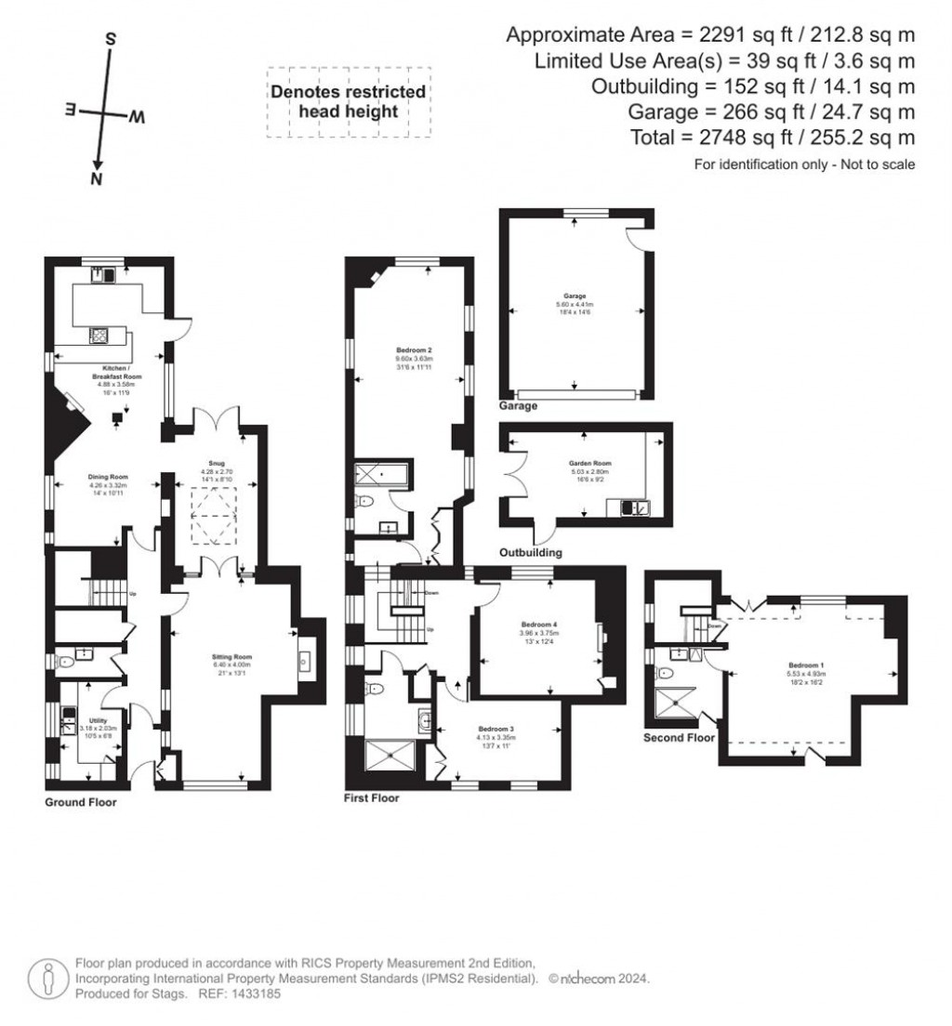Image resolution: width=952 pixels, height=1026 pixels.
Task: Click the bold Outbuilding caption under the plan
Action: (x=531, y=552)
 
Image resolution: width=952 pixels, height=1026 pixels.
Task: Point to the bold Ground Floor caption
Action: (x=82, y=802)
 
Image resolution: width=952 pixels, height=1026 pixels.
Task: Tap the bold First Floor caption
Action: (x=373, y=797)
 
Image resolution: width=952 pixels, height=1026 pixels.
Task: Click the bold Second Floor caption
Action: (x=679, y=738)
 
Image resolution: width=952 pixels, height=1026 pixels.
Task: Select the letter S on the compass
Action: (x=110, y=40)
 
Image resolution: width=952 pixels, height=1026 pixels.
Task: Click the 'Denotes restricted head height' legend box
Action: (x=349, y=102)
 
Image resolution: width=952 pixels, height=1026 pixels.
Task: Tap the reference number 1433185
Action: (x=254, y=993)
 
